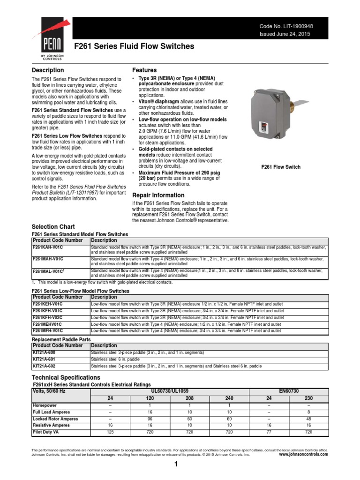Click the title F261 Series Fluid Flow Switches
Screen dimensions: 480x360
pyautogui.click(x=135, y=46)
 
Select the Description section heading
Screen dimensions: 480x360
pyautogui.click(x=47, y=70)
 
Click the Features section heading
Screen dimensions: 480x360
pyautogui.click(x=144, y=70)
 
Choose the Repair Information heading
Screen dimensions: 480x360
pyautogui.click(x=158, y=195)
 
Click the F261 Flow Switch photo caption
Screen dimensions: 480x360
pyautogui.click(x=281, y=167)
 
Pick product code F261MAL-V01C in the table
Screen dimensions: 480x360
pyautogui.click(x=48, y=271)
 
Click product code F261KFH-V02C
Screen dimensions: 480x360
pyautogui.click(x=47, y=317)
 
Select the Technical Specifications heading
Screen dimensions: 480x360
pyautogui.click(x=66, y=377)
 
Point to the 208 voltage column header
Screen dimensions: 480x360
pyautogui.click(x=189, y=398)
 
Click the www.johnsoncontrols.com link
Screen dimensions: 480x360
pyautogui.click(x=303, y=454)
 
